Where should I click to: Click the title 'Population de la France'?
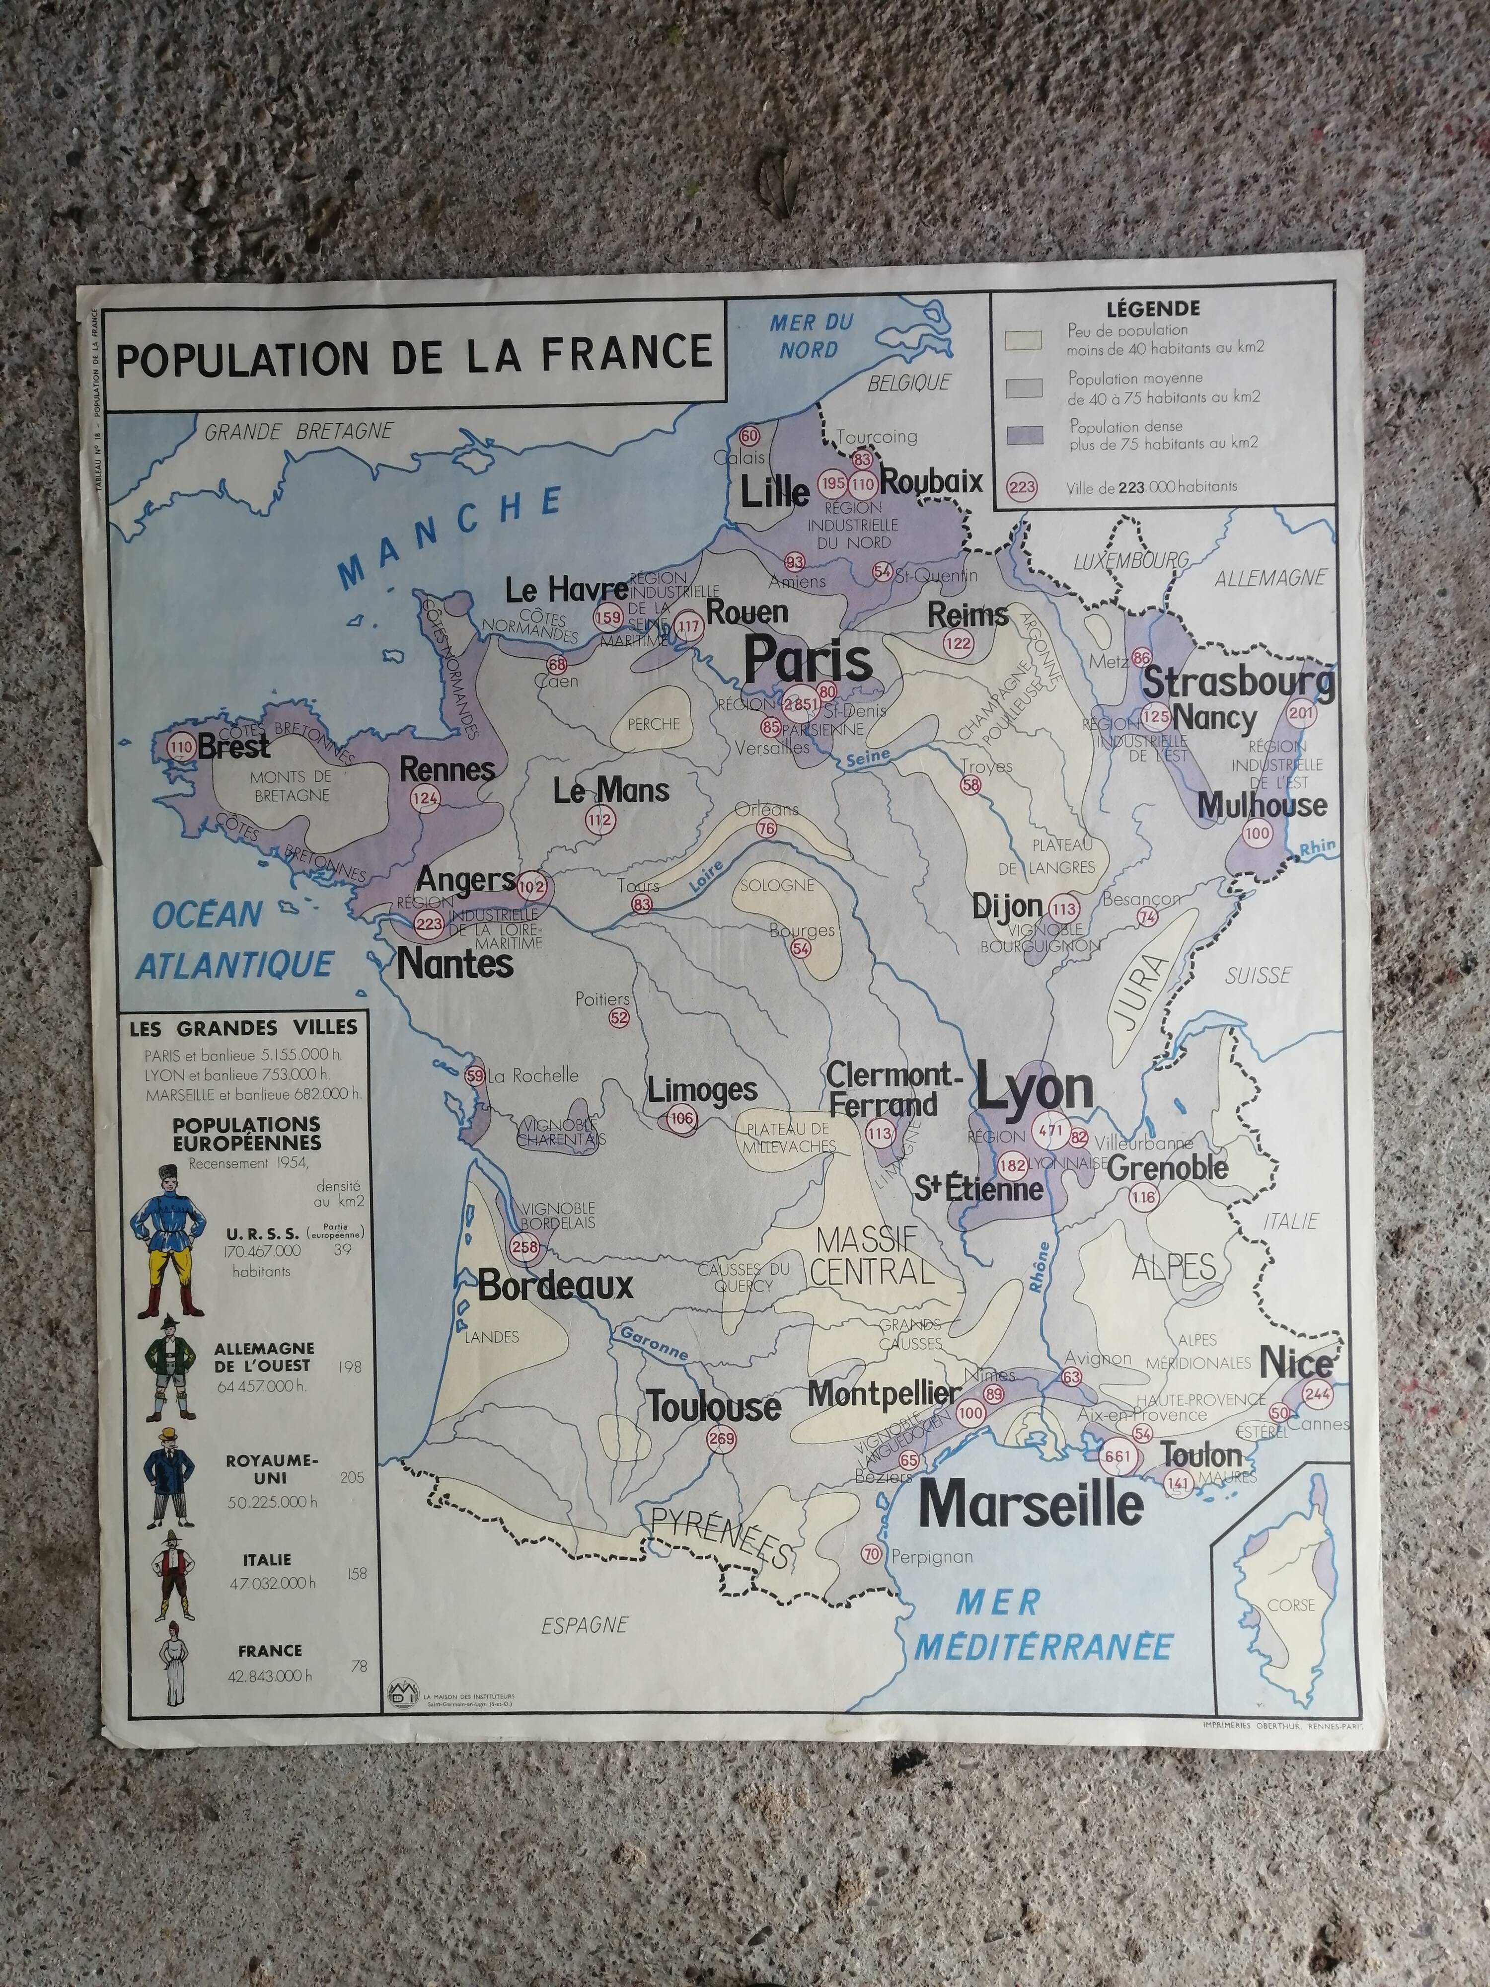coord(414,354)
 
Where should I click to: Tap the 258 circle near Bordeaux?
coord(524,1247)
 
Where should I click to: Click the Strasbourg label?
coord(1238,682)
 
